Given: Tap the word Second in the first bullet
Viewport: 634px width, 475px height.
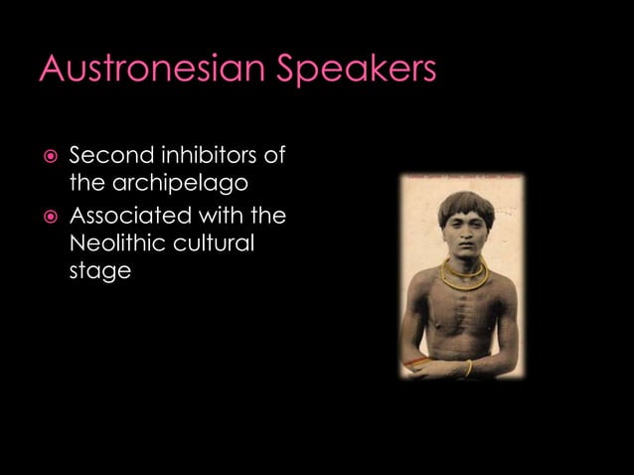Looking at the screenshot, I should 106,156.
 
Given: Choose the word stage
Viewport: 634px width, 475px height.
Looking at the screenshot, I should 99,271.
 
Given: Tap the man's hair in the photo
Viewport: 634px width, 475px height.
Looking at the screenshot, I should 465,207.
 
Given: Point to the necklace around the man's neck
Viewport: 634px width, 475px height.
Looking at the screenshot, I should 464,275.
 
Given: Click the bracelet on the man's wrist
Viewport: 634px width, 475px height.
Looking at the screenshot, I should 468,368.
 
